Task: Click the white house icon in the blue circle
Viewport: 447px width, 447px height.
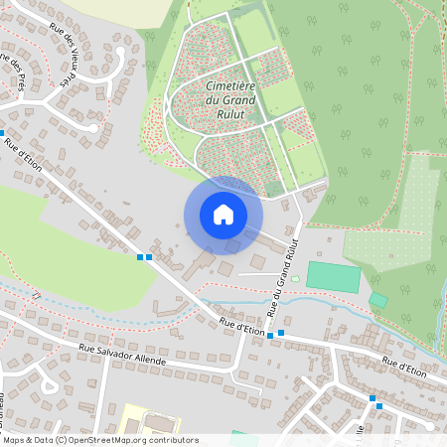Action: (x=223, y=214)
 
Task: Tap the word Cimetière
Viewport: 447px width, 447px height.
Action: (x=230, y=86)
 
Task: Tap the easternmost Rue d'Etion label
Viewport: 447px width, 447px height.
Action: (x=404, y=367)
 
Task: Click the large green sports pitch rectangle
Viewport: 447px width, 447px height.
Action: (x=332, y=276)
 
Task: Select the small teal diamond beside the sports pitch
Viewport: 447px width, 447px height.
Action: (x=377, y=299)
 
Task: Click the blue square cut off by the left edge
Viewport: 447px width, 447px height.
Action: (x=2, y=132)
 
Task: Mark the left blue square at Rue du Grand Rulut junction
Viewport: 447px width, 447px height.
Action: (x=270, y=336)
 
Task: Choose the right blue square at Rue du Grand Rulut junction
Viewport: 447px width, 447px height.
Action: (x=282, y=333)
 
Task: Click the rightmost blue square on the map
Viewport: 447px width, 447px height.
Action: (x=379, y=405)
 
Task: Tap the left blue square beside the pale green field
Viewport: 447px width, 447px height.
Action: (x=140, y=257)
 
